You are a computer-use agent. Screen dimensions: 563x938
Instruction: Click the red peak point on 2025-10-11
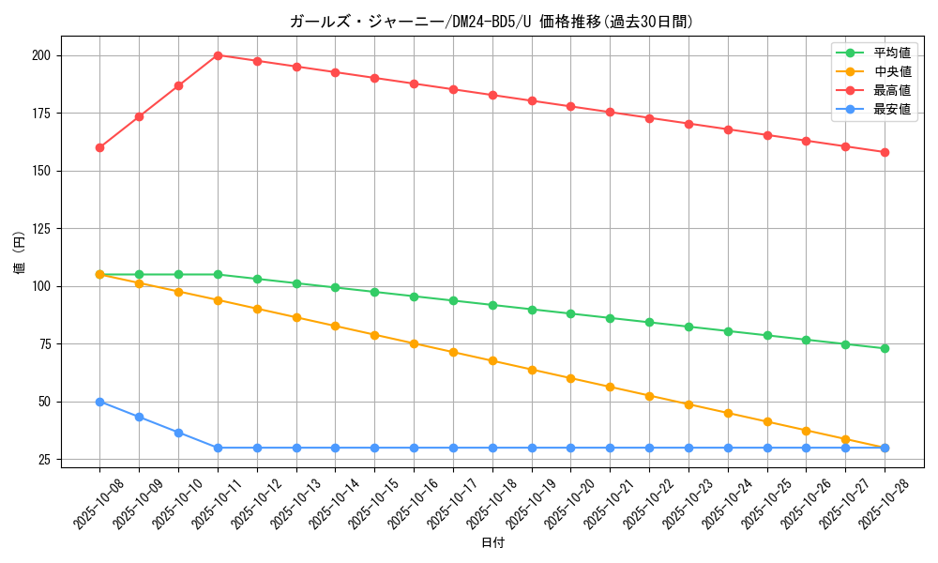click(218, 55)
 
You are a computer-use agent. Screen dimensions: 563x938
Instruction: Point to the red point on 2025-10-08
click(99, 147)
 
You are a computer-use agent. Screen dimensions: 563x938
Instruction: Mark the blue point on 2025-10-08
click(99, 402)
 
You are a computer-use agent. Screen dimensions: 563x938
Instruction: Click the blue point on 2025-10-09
click(139, 417)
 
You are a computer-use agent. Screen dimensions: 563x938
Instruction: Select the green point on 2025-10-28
click(885, 348)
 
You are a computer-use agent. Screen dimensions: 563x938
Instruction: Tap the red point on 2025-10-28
click(885, 152)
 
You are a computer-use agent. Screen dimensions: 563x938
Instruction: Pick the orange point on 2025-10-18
click(492, 360)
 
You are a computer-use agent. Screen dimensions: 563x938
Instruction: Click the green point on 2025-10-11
click(218, 274)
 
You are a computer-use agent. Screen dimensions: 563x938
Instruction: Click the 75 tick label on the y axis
click(44, 344)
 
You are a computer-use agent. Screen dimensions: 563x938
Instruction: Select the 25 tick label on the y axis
click(44, 460)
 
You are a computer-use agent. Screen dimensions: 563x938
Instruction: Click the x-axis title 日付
click(492, 543)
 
